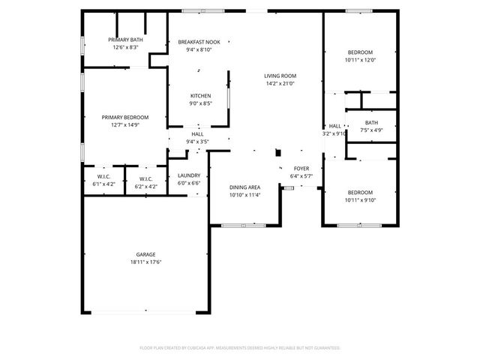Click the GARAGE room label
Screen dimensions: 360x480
(145, 254)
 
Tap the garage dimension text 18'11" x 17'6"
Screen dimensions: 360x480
(145, 262)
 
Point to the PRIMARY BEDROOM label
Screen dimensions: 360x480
(125, 117)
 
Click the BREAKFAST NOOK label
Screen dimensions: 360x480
(199, 42)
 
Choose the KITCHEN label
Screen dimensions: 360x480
(200, 96)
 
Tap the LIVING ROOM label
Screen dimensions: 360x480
(280, 76)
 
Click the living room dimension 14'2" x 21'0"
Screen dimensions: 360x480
(280, 83)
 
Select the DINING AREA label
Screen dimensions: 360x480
(244, 187)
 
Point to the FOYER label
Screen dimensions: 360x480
(301, 169)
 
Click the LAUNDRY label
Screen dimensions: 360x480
(188, 175)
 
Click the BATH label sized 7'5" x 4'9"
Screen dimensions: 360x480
(372, 123)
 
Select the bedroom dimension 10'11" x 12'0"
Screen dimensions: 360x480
(360, 60)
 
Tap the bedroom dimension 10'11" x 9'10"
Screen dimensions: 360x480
(360, 200)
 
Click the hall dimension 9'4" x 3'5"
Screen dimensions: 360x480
(197, 141)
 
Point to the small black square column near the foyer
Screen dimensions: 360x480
(278, 152)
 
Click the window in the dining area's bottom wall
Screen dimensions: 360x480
(238, 224)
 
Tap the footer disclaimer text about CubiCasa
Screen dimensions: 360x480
(240, 348)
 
